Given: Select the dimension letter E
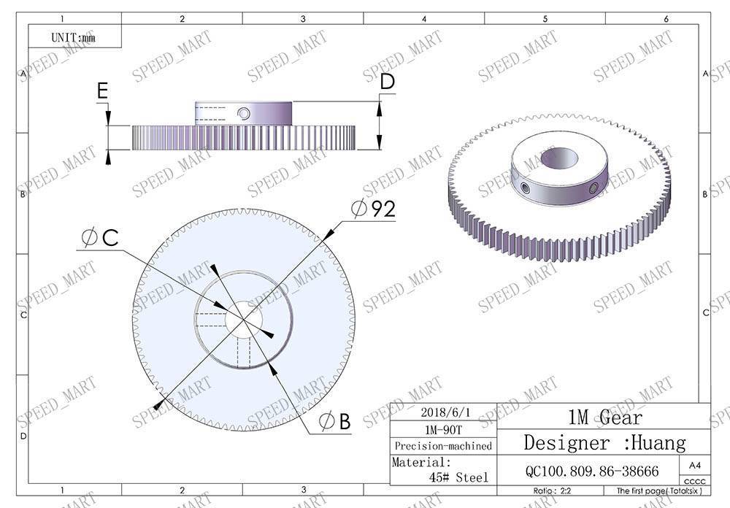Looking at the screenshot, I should click(102, 91).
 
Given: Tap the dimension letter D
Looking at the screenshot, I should click(387, 82).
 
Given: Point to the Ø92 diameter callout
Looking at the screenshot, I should click(373, 209).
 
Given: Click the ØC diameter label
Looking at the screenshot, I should click(101, 238).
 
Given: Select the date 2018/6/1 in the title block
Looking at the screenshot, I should click(442, 412).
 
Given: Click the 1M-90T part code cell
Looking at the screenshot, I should click(442, 429).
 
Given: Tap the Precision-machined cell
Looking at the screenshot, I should click(443, 446).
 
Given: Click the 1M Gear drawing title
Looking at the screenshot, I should click(605, 417).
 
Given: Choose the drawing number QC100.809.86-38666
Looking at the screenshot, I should click(591, 472).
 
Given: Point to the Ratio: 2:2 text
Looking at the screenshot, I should click(555, 491).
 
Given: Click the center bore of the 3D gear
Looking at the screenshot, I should click(560, 158).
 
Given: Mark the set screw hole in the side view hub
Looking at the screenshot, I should click(243, 114).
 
